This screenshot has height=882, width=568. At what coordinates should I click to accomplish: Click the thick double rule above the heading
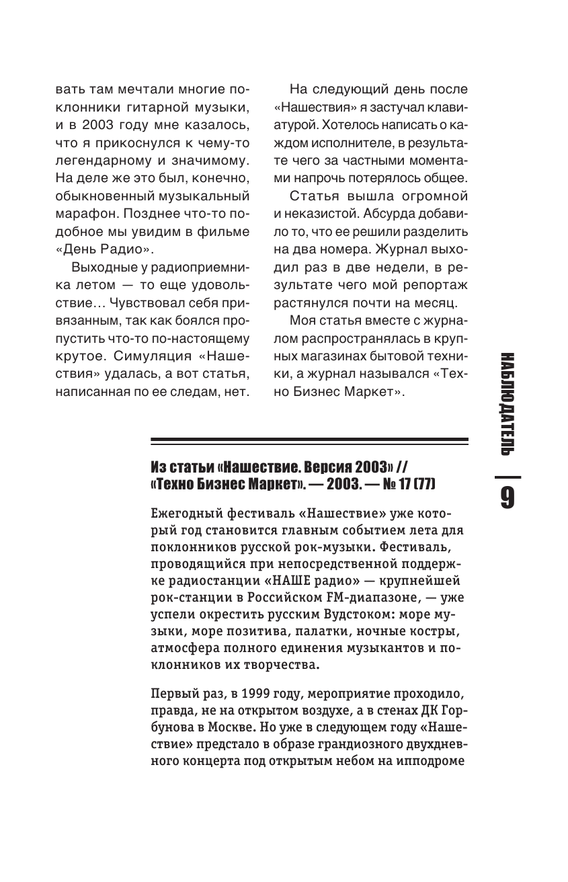[x=309, y=442]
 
